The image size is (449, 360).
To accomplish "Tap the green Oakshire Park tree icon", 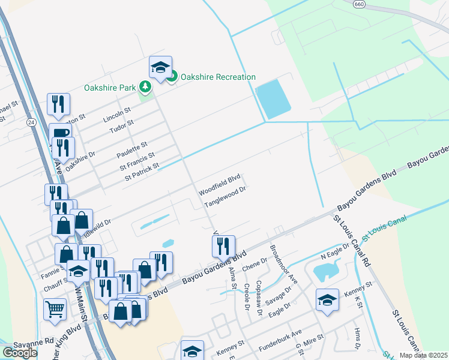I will [x=145, y=88].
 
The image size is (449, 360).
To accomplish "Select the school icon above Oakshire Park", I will [x=160, y=68].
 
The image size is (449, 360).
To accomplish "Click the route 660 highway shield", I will [x=359, y=4].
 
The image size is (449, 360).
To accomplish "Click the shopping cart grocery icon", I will [x=55, y=310].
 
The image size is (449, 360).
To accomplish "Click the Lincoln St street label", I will [x=116, y=113].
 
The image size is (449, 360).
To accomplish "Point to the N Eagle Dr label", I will [x=334, y=254].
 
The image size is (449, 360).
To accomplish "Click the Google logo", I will [x=20, y=353].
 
